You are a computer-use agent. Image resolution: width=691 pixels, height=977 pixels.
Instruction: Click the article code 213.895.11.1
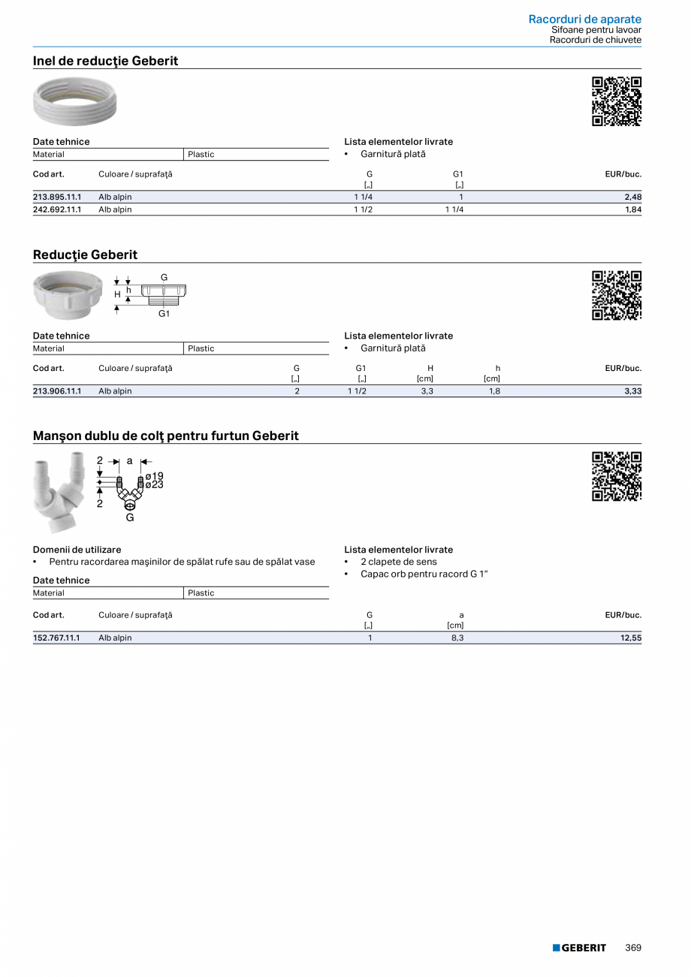pyautogui.click(x=57, y=197)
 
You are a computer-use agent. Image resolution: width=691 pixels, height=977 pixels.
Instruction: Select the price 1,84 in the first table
pyautogui.click(x=633, y=210)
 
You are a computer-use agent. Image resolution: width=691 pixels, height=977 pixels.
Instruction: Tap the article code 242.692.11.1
pyautogui.click(x=57, y=210)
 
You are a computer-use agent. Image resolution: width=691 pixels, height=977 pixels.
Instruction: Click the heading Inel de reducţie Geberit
pyautogui.click(x=105, y=61)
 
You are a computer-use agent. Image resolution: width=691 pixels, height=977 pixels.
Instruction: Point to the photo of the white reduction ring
pyautogui.click(x=75, y=101)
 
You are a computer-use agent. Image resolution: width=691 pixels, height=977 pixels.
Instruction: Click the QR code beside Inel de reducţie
pyautogui.click(x=617, y=101)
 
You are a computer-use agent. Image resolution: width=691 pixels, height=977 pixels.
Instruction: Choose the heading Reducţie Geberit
pyautogui.click(x=85, y=255)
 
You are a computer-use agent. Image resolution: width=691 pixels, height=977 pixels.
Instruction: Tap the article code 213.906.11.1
pyautogui.click(x=57, y=391)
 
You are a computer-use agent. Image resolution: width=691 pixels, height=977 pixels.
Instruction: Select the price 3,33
pyautogui.click(x=633, y=391)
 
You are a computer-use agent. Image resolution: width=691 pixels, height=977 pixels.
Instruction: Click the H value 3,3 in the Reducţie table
pyautogui.click(x=427, y=391)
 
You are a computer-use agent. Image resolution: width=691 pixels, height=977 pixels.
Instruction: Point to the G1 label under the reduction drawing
pyautogui.click(x=164, y=314)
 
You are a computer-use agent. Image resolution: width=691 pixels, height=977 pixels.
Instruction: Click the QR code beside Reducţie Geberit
pyautogui.click(x=617, y=295)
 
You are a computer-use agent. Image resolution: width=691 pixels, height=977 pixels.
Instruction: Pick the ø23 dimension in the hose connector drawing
pyautogui.click(x=155, y=485)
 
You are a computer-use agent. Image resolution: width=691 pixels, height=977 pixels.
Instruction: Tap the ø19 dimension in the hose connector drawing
pyautogui.click(x=155, y=476)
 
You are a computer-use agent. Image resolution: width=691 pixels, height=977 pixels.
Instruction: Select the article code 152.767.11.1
pyautogui.click(x=57, y=638)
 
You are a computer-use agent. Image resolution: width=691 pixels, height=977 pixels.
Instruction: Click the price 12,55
pyautogui.click(x=631, y=638)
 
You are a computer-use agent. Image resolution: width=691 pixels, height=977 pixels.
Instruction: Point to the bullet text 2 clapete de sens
pyautogui.click(x=398, y=562)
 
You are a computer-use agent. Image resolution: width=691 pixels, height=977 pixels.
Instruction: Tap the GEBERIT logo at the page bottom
pyautogui.click(x=579, y=948)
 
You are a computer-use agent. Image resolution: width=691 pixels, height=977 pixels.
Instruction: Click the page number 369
pyautogui.click(x=633, y=948)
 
